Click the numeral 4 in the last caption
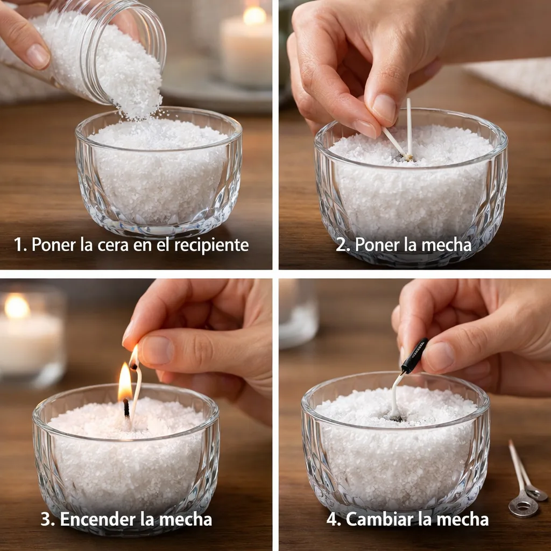[331, 519]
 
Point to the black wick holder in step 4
[414, 356]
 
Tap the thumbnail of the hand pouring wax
[38, 56]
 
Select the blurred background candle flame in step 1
[255, 16]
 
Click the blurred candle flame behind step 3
[17, 306]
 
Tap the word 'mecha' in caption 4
[464, 519]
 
